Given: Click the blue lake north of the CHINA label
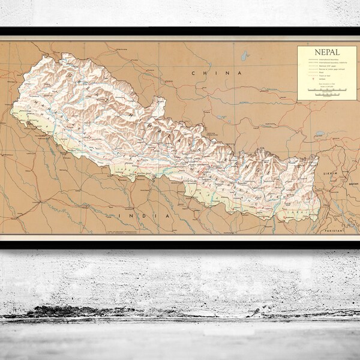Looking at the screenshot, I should click(244, 56).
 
